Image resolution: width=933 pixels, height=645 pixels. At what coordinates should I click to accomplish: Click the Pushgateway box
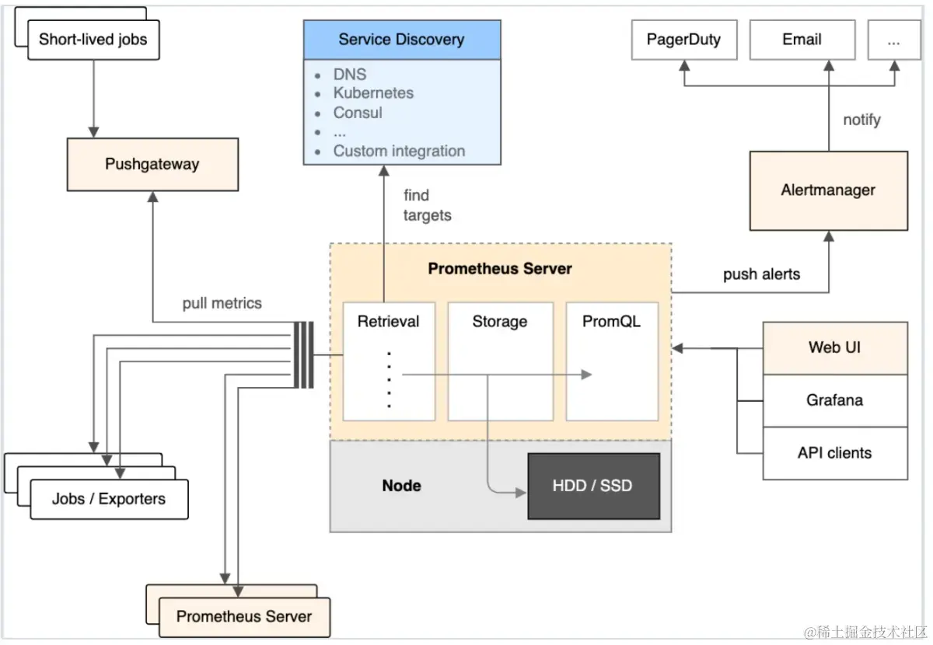pos(152,164)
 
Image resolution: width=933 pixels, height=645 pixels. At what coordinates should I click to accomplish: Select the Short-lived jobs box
pos(93,40)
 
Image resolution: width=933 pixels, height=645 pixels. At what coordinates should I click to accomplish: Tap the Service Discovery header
pos(401,40)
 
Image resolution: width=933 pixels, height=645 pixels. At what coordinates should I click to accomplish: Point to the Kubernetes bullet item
pos(373,93)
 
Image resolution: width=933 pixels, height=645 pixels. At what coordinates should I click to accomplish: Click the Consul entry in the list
pos(358,113)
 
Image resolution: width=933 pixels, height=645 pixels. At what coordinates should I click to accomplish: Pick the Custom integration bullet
pos(399,151)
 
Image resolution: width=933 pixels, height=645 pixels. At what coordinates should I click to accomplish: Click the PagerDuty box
pos(683,40)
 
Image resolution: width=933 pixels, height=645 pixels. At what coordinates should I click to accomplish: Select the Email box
pos(802,40)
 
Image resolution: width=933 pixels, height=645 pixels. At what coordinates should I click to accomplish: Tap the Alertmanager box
pos(828,190)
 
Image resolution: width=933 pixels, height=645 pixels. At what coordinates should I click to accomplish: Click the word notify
pos(861,120)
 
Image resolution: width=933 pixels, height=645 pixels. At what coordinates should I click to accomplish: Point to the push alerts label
pos(761,274)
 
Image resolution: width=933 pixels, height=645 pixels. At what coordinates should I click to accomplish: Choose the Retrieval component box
pos(389,361)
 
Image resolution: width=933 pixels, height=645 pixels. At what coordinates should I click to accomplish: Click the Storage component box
pos(500,361)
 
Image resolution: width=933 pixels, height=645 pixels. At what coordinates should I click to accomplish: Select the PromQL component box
pos(612,361)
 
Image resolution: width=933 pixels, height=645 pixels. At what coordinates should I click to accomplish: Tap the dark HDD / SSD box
pos(592,486)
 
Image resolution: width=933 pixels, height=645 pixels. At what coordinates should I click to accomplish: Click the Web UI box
pos(834,347)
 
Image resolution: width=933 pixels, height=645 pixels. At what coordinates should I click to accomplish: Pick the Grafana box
pos(834,400)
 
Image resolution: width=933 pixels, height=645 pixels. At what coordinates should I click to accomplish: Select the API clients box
pos(834,453)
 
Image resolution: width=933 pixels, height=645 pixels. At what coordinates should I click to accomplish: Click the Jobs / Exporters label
pos(109,499)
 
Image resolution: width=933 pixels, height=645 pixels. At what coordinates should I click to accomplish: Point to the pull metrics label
pos(222,303)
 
